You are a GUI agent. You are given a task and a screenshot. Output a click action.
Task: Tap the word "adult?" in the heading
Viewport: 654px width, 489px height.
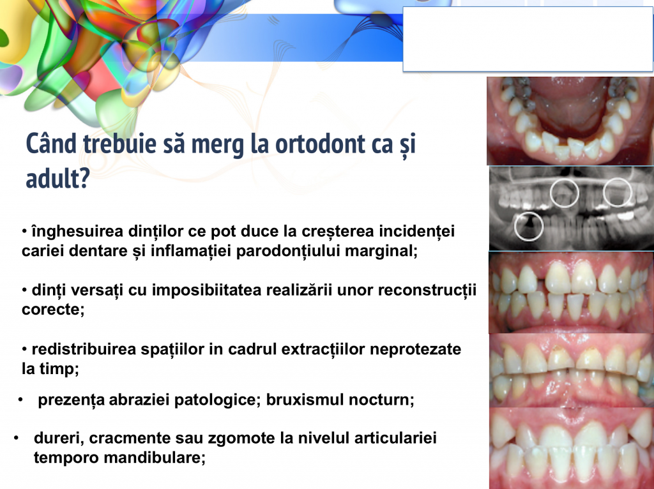click(58, 179)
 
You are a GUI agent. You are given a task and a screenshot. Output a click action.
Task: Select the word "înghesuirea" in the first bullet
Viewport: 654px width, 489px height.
click(77, 231)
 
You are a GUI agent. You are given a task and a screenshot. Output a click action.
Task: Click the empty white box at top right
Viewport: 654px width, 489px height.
click(528, 39)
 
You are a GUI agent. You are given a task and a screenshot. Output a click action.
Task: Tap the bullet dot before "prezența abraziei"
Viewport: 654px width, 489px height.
click(20, 400)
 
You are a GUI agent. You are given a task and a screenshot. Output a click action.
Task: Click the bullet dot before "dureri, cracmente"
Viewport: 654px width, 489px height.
click(16, 438)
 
